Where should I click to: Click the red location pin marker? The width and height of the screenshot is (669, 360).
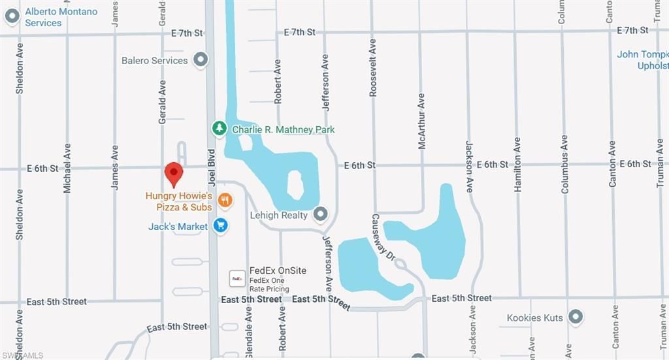173,174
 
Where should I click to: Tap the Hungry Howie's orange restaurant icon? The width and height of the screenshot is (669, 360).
225,201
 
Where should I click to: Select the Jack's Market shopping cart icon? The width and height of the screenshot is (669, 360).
221,227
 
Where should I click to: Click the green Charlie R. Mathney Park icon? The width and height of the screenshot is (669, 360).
221,129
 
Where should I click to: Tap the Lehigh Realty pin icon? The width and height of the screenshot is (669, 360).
320,214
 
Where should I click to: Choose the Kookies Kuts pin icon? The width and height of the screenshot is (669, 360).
576,318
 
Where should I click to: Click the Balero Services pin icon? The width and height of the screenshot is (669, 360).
201,60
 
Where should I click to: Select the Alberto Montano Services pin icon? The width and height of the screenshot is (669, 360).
12,17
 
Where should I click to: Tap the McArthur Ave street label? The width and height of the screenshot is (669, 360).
421,121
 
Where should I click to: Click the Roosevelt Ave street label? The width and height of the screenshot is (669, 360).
373,68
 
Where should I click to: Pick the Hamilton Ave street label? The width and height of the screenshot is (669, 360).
517,164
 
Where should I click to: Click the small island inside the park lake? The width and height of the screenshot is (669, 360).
295,185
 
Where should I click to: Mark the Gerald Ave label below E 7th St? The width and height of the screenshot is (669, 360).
163,102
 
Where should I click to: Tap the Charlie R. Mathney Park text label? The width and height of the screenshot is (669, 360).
284,129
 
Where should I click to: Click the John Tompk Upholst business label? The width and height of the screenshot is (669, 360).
643,59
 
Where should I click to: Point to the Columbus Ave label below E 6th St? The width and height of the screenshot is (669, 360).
565,164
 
